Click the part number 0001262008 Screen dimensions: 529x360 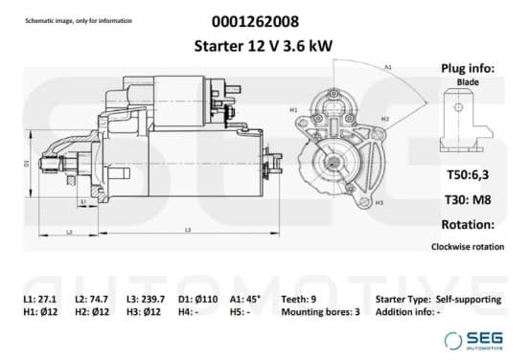255,22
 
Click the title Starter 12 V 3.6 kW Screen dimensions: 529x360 264,46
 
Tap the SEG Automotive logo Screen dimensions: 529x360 473,341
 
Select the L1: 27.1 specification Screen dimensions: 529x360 40,299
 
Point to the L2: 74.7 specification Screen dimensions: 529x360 91,299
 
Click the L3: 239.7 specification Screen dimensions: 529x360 146,299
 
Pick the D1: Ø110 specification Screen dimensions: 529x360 198,299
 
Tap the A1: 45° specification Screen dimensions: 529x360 245,299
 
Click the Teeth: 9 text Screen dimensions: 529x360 299,299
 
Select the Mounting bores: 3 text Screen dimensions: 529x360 320,312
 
